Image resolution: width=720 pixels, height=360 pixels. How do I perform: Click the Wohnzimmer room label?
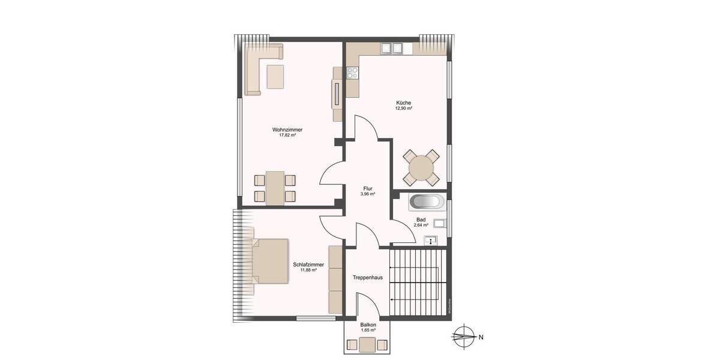pos(287,130)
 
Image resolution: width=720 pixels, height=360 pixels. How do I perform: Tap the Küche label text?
pos(403,103)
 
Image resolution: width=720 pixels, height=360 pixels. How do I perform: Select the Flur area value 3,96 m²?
pos(368,194)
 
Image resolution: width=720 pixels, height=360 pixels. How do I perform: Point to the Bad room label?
pos(421,220)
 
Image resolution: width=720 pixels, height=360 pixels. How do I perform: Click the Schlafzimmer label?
pos(308,265)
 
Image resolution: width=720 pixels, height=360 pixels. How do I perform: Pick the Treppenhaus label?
pos(368,277)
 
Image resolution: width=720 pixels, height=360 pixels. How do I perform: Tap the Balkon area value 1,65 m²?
pos(368,331)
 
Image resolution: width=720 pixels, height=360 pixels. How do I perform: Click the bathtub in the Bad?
pos(427,202)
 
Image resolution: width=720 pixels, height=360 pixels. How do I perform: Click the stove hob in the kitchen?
pos(352,73)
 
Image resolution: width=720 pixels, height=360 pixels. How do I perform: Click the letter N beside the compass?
pos(481,337)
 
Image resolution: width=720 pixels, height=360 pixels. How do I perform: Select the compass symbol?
pos(463,337)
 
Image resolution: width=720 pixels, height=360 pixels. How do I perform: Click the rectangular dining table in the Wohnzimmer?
pos(275,188)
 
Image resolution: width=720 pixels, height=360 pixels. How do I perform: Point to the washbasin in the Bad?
pos(430,241)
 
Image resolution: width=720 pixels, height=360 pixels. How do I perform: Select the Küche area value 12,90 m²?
pos(403,109)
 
